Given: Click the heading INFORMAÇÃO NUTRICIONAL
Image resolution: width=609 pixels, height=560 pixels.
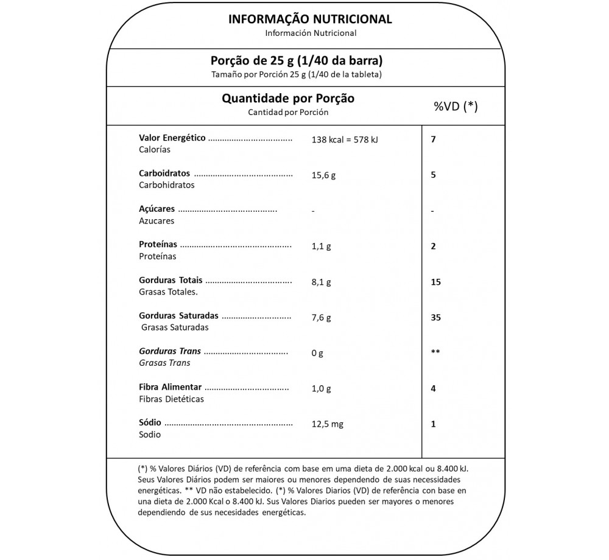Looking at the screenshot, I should (x=310, y=19).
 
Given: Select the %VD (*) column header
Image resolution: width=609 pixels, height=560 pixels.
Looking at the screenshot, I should (x=456, y=107).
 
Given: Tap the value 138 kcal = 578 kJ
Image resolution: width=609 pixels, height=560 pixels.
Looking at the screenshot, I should (x=345, y=139).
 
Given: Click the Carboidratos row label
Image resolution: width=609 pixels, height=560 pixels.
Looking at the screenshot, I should (x=164, y=173).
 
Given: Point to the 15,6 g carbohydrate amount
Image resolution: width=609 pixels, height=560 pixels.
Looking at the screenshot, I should (x=323, y=175).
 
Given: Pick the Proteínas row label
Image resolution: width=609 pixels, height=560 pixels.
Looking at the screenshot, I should (x=158, y=245).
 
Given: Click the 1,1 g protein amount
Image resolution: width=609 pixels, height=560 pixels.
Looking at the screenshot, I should (x=321, y=247).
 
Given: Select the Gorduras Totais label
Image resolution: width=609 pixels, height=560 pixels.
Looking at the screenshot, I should (x=171, y=281).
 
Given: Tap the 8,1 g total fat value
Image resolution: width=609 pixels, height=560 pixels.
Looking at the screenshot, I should (x=321, y=282).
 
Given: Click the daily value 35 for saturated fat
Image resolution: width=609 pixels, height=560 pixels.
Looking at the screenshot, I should (x=435, y=318).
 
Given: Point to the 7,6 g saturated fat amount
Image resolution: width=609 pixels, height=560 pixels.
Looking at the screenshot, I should (x=321, y=318).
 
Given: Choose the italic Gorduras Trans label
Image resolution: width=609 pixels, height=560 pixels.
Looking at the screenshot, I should (x=170, y=351).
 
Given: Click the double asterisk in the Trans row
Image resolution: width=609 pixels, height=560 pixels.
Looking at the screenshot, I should (x=435, y=352).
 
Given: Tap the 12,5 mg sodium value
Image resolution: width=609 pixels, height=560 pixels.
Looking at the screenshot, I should (x=327, y=424).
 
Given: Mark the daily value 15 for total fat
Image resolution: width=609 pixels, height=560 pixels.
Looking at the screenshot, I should (x=435, y=282).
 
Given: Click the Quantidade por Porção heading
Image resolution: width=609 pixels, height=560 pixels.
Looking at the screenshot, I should (x=288, y=98).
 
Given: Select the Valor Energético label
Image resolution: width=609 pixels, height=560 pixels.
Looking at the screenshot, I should (x=172, y=138).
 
